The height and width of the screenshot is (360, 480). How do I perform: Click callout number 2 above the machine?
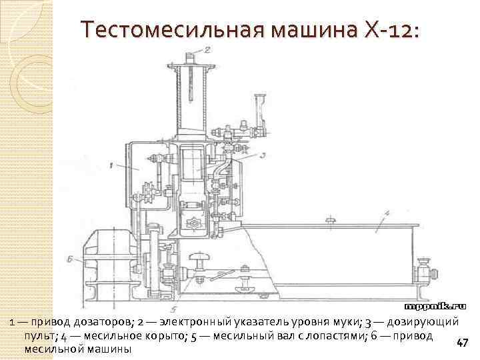tap(207, 49)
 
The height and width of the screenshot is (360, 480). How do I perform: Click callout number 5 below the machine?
tap(173, 309)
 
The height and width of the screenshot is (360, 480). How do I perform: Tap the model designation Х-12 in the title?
tap(393, 30)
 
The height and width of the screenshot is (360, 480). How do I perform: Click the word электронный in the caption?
tap(203, 323)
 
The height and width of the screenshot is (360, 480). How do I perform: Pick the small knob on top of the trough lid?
tap(329, 219)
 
